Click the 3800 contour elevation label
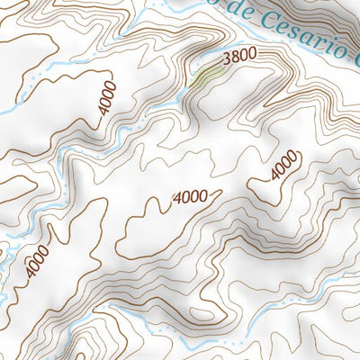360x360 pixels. point(239,56)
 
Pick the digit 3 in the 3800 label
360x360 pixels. point(226,56)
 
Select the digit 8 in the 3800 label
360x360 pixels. point(235,56)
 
